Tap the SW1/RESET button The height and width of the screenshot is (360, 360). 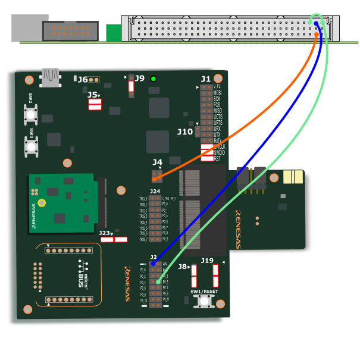pos(204,300)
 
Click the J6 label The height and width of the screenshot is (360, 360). pos(82,80)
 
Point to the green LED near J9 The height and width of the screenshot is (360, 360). pos(154,79)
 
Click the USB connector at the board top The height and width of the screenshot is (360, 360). pos(51,76)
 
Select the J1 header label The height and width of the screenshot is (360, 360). pos(205,79)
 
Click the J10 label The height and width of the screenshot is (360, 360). pos(184,132)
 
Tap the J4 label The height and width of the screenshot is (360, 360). pos(157,162)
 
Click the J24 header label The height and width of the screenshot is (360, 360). pos(155,192)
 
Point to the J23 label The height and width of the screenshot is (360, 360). pos(104,233)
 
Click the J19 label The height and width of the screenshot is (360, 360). pos(206,261)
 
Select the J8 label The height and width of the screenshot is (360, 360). pos(182,267)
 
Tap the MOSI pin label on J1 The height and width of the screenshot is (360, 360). pos(218,93)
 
